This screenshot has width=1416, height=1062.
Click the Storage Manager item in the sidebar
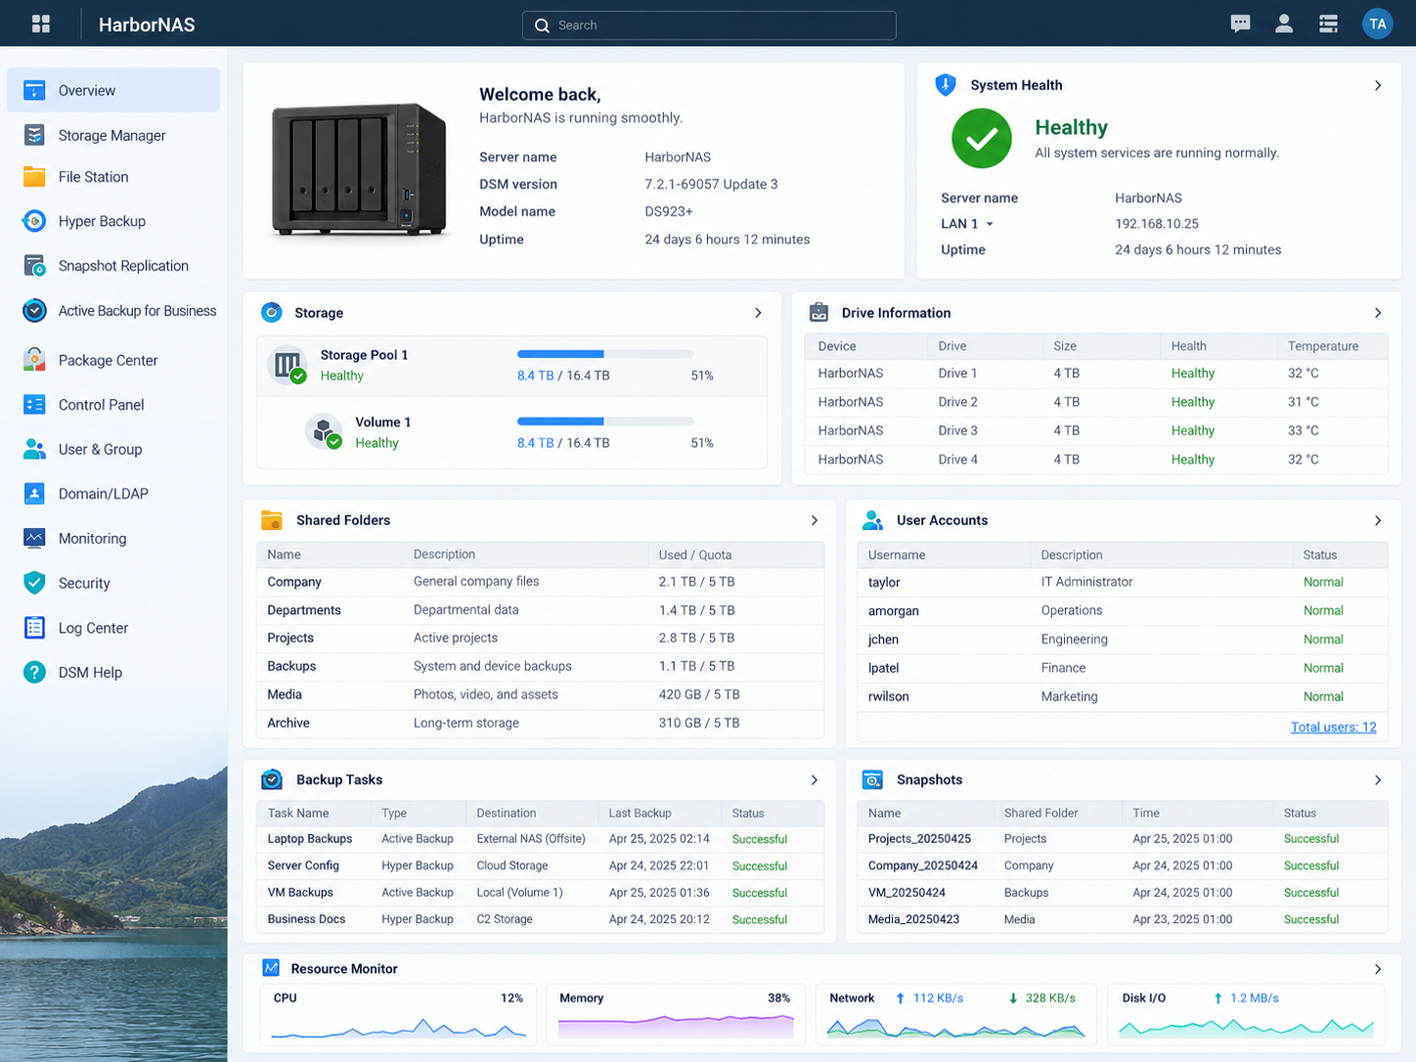coord(112,135)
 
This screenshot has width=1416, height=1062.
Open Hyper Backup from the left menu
coord(102,221)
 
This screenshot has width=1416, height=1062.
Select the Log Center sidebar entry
coord(93,628)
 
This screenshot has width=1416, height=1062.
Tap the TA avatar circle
coord(1377,24)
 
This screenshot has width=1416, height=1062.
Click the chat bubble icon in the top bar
coord(1239,24)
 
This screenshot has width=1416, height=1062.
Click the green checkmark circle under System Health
coord(981,139)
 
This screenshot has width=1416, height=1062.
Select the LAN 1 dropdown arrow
coord(990,224)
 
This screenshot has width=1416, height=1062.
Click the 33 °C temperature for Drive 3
coord(1304,430)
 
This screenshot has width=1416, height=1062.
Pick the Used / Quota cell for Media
coord(698,694)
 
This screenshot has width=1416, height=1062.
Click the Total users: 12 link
coord(1333,727)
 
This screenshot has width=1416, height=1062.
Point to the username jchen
coord(882,639)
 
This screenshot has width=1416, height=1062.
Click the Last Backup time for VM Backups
coord(659,893)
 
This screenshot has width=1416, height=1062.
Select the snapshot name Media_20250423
coord(912,919)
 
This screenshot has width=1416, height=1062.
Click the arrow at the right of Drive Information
coord(1377,313)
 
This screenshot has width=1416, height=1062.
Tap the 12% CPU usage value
coord(511,997)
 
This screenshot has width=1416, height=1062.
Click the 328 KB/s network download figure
coord(1049,997)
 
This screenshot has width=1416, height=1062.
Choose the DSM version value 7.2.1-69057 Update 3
coord(711,184)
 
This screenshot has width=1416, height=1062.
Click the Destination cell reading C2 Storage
coord(505,919)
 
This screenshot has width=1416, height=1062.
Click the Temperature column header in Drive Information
coord(1322,346)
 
